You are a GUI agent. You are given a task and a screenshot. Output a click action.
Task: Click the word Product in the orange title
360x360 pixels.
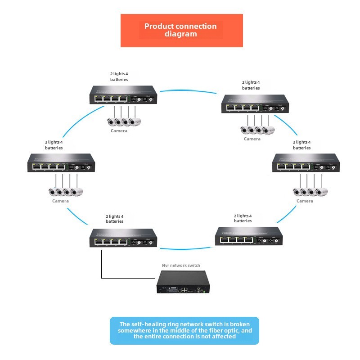(x=158, y=26)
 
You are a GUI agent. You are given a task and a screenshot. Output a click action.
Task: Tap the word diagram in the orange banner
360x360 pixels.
(x=180, y=34)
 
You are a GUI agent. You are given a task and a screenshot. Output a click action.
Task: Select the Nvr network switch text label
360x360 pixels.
(x=181, y=265)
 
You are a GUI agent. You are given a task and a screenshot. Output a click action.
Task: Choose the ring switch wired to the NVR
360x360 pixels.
(x=123, y=237)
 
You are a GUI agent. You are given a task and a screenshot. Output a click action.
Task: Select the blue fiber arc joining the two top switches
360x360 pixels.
(x=189, y=91)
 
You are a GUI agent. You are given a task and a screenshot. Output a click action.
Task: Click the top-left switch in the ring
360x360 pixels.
(x=123, y=95)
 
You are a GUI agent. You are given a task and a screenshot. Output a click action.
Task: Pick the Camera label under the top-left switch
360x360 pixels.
(x=119, y=131)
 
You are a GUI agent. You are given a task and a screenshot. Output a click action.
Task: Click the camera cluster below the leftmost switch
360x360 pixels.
(x=66, y=191)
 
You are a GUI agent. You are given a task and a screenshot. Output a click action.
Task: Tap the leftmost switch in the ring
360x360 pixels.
(x=61, y=162)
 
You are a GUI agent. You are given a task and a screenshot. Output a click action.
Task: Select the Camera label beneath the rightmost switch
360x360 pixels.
(x=305, y=201)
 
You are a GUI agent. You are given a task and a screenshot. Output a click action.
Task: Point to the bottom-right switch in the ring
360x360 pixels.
(x=249, y=236)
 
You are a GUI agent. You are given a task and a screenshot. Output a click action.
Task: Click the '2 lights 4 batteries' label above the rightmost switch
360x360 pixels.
(x=301, y=145)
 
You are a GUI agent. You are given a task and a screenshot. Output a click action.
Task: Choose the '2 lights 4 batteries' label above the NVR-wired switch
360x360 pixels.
(x=115, y=219)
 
